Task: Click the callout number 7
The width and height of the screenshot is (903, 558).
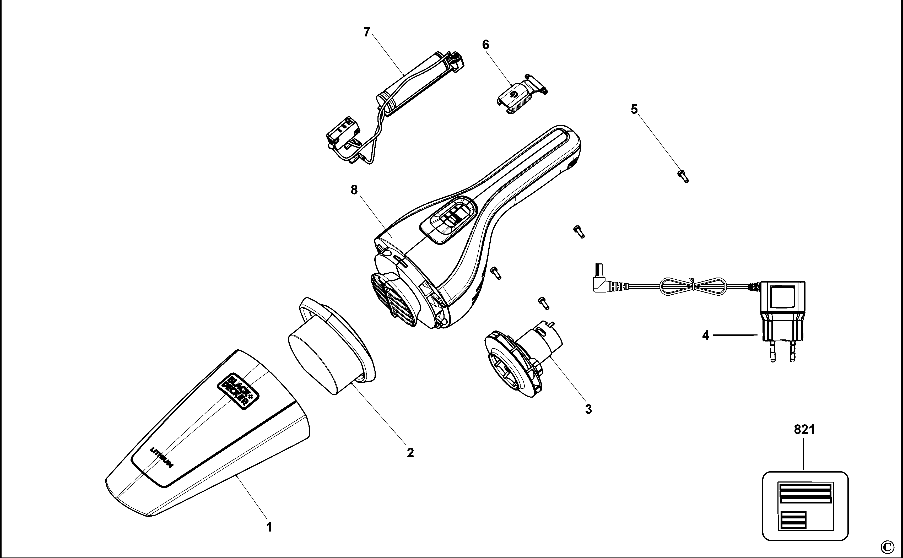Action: tap(366, 32)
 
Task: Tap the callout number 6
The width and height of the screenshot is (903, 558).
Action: tap(486, 45)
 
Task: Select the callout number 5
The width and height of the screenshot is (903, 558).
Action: tap(634, 109)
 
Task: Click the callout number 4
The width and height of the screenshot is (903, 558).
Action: tap(706, 335)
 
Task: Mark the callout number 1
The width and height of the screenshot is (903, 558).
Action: tap(269, 527)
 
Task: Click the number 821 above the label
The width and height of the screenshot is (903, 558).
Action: tap(804, 430)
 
